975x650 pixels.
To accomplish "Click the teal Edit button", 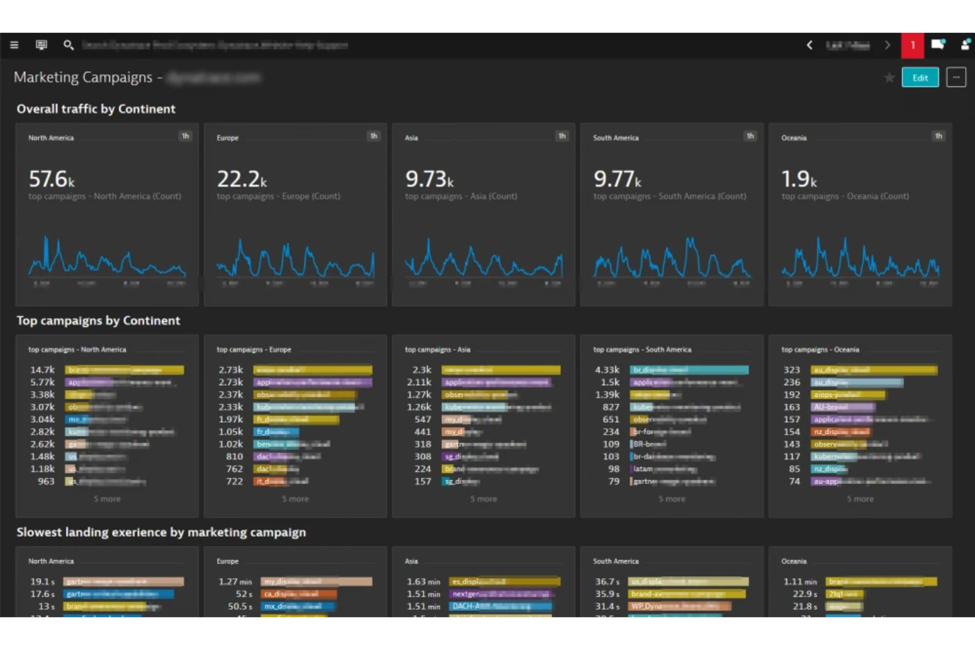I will pos(920,78).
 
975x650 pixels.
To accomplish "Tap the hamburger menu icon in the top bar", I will pos(14,45).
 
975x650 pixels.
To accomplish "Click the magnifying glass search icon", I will pos(68,45).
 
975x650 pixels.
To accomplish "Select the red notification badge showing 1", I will pos(912,45).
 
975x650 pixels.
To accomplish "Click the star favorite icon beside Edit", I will pos(889,78).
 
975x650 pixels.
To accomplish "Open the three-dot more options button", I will pos(956,78).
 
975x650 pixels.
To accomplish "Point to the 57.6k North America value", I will pos(51,178).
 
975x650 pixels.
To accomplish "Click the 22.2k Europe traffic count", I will pos(241,178).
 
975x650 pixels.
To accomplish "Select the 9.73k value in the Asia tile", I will pos(429,178).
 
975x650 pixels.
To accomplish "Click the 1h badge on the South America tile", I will pos(750,136).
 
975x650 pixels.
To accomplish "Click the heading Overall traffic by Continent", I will pos(96,109).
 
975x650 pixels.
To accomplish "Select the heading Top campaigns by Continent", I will pos(98,321).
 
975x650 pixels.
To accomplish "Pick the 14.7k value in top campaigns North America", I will pos(42,370).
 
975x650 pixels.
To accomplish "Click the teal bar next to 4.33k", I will pos(688,370).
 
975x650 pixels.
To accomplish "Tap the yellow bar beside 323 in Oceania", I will pos(874,370).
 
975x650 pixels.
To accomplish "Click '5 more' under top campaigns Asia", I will pos(484,499).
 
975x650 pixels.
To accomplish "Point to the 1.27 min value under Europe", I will pos(235,582).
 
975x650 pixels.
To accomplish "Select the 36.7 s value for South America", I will pos(607,582).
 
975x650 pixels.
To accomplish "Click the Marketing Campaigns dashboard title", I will pos(83,77).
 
